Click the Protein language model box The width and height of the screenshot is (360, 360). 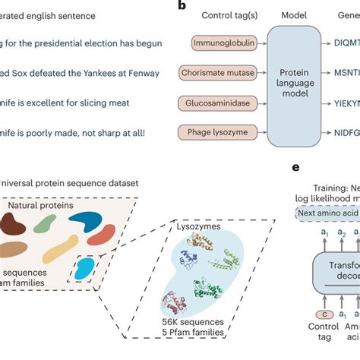[291, 88]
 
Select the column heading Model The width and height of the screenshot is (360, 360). [293, 16]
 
